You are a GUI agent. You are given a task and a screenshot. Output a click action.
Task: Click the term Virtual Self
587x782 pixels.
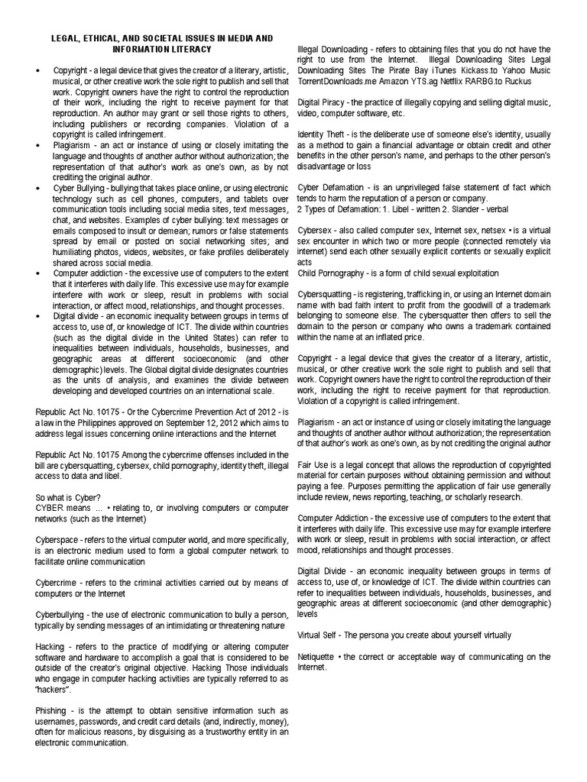[x=319, y=635]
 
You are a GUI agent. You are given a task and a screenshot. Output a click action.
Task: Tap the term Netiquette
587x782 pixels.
[x=316, y=657]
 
